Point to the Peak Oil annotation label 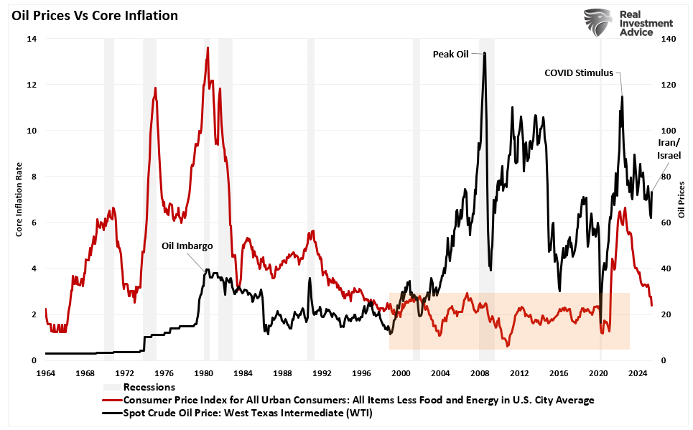coord(450,53)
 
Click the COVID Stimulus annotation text coord(579,73)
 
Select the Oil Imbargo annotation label coord(187,246)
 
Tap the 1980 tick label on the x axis coord(203,374)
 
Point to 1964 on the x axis coord(45,374)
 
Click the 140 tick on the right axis coord(669,39)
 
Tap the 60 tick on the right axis coord(666,223)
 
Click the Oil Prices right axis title coord(681,200)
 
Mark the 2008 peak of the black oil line coord(485,52)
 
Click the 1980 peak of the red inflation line coord(208,48)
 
